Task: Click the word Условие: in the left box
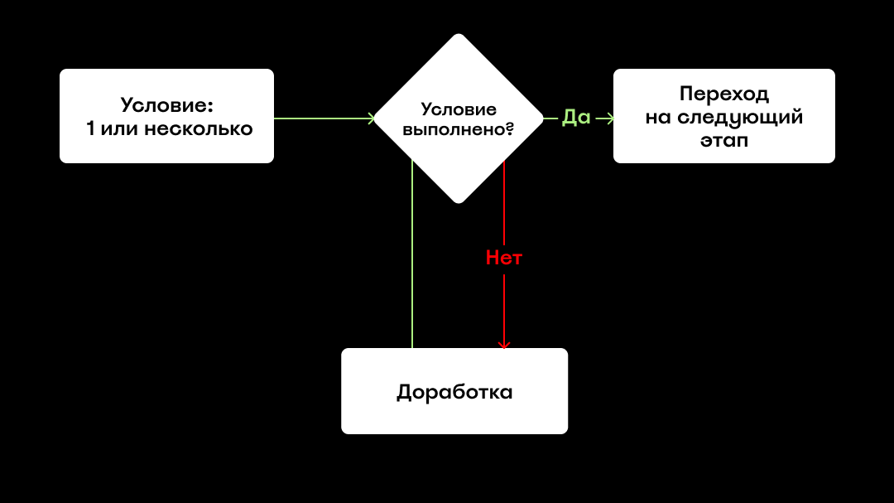point(166,105)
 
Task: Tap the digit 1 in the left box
point(90,128)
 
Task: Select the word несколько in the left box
point(199,129)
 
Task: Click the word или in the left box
point(119,129)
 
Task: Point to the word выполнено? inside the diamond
point(459,129)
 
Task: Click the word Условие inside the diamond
point(459,110)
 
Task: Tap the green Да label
point(576,118)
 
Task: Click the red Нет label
point(504,258)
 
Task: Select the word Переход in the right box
point(724,94)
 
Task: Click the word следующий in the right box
point(740,118)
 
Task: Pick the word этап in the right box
point(724,140)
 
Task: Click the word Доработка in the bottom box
point(454,392)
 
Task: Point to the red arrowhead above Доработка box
point(504,346)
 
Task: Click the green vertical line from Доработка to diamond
point(412,254)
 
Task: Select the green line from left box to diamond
point(324,118)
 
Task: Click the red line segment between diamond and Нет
point(504,203)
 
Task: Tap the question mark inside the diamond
point(510,129)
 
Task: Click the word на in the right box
point(658,118)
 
